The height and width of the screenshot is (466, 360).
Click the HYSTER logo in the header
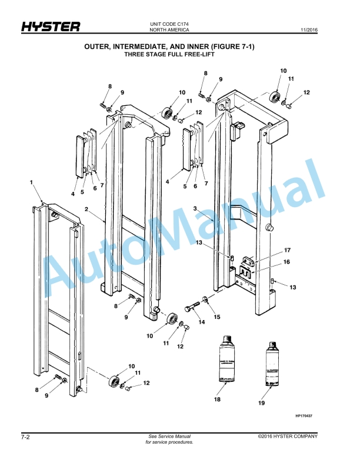pyautogui.click(x=51, y=26)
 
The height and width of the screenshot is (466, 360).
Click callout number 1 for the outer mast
pyautogui.click(x=32, y=183)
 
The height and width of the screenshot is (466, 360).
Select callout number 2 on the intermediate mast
pyautogui.click(x=86, y=209)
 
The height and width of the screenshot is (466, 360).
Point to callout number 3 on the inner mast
pyautogui.click(x=195, y=209)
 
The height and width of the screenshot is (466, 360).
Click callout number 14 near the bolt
pyautogui.click(x=201, y=322)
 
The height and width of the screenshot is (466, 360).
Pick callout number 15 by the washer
pyautogui.click(x=217, y=317)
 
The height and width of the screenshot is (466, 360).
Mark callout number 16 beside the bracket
pyautogui.click(x=287, y=262)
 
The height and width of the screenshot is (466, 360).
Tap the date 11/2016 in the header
pyautogui.click(x=309, y=29)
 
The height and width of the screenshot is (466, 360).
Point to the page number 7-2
pyautogui.click(x=26, y=437)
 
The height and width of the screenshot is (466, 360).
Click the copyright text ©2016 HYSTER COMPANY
pyautogui.click(x=288, y=436)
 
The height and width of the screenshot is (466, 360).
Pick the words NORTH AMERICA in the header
pyautogui.click(x=169, y=29)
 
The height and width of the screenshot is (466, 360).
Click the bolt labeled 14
pyautogui.click(x=194, y=308)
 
